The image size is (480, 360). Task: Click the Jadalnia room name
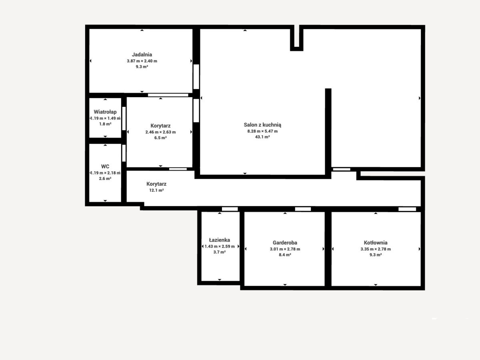tap(142, 55)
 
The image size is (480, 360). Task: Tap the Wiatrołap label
tap(105, 112)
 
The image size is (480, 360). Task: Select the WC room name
tap(105, 166)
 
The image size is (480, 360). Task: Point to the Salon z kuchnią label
tap(262, 125)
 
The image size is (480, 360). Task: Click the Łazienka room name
tap(220, 240)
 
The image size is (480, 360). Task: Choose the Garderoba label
tap(285, 243)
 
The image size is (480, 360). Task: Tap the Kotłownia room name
tap(376, 243)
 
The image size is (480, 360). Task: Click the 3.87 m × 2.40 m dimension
tap(142, 61)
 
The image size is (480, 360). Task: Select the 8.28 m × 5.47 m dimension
tap(262, 131)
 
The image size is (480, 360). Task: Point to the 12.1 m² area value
tap(156, 190)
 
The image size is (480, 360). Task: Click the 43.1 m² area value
tap(262, 137)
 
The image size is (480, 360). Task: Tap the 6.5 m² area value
tap(160, 138)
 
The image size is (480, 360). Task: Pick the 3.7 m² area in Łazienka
tap(220, 252)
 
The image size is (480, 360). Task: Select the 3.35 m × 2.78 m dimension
tap(376, 249)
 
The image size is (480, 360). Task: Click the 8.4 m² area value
tap(285, 255)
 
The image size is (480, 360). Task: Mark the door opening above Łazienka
tap(230, 209)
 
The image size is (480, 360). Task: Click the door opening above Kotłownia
tap(407, 209)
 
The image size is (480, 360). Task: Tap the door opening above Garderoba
tap(303, 209)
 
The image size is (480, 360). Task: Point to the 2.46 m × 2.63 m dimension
tap(160, 132)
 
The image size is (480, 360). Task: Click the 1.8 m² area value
tap(105, 124)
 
